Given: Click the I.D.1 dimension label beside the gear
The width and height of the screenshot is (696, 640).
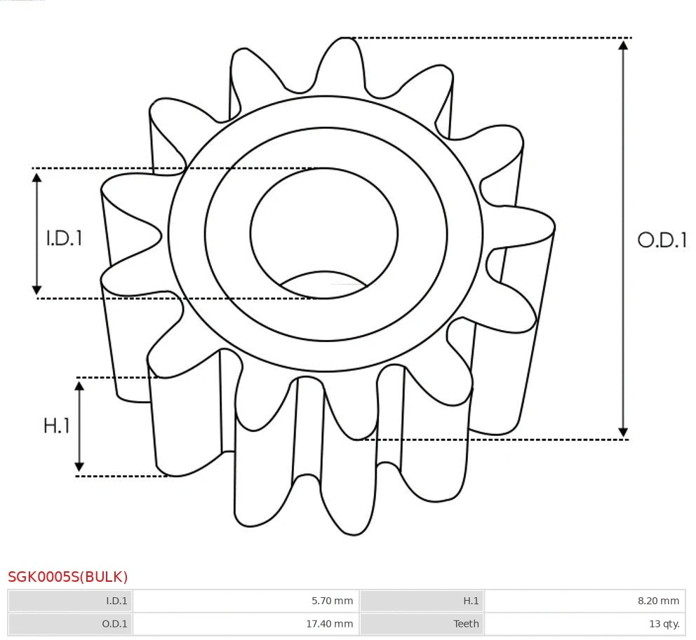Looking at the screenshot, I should [65, 238].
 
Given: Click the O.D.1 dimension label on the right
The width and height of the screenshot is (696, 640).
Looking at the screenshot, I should [661, 240].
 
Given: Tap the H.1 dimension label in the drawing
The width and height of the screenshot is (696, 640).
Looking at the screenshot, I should [57, 425].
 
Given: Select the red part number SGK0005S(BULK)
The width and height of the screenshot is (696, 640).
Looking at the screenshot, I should [68, 577].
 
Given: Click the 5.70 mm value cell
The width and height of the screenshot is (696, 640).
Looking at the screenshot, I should [246, 601].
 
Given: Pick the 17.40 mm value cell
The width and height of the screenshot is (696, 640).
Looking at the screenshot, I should [246, 624].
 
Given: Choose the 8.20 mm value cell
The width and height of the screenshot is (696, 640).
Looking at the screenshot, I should [584, 601].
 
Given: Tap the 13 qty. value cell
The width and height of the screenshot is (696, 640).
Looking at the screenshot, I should [584, 624].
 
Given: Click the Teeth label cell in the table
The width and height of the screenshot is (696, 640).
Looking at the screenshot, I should [422, 624].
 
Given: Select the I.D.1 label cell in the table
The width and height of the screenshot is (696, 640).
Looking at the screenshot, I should [70, 601].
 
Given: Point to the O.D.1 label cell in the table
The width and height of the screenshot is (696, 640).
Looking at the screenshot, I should [70, 624].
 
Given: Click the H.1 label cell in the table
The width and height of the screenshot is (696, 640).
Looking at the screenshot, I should [422, 601].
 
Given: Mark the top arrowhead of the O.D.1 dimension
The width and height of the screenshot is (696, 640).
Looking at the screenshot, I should [622, 45].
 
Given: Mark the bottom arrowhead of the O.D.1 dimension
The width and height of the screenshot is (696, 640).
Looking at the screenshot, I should [622, 432].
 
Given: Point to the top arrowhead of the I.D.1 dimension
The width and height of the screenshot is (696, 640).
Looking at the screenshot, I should [37, 177].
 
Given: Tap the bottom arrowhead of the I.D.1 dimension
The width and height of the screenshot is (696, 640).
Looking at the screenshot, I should [37, 290].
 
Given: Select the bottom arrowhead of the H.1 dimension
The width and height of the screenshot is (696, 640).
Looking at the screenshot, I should [79, 467].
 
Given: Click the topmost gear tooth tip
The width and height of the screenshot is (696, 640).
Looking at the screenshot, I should [344, 40].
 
